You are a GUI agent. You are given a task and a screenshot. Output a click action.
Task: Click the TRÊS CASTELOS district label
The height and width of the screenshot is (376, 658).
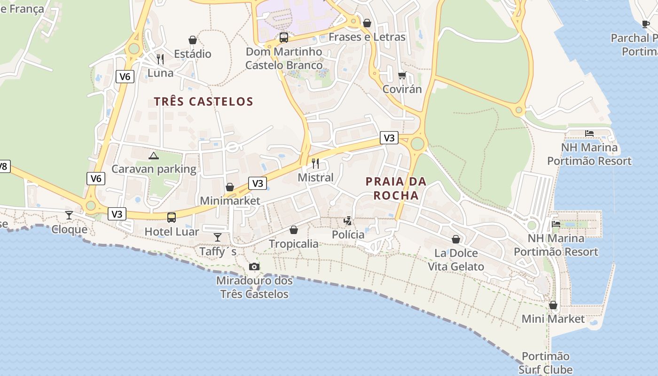pyautogui.click(x=204, y=101)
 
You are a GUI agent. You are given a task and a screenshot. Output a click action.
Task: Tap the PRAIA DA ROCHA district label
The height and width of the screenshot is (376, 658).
pyautogui.click(x=396, y=188)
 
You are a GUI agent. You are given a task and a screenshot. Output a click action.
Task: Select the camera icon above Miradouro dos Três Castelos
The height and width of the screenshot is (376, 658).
pyautogui.click(x=254, y=266)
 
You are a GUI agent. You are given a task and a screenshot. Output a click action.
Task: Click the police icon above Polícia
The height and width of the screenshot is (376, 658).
pyautogui.click(x=348, y=220)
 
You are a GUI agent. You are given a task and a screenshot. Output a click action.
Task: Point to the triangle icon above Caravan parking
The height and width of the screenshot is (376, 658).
pyautogui.click(x=153, y=156)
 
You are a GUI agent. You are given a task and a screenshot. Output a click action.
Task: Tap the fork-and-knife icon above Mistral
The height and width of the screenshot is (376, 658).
pyautogui.click(x=315, y=164)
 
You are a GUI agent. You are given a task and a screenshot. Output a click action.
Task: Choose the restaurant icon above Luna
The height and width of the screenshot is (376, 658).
pyautogui.click(x=160, y=59)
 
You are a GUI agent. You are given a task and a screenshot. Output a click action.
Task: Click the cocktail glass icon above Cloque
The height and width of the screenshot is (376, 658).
pyautogui.click(x=69, y=215)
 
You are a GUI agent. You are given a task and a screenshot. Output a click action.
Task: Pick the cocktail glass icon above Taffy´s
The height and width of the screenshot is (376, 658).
pyautogui.click(x=217, y=237)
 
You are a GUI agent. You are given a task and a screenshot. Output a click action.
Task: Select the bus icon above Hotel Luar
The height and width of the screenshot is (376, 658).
pyautogui.click(x=172, y=217)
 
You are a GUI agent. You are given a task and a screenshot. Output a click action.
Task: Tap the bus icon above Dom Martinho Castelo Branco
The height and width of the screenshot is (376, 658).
pyautogui.click(x=284, y=38)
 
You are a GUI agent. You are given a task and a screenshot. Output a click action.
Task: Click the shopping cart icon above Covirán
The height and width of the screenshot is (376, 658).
pyautogui.click(x=402, y=75)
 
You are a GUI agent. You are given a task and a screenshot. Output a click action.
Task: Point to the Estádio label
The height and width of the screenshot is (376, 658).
pyautogui.click(x=193, y=54)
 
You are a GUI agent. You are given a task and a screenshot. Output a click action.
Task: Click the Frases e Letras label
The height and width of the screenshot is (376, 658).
pyautogui.click(x=367, y=37)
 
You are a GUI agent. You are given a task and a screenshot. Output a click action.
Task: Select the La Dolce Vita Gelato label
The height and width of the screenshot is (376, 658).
pyautogui.click(x=455, y=260)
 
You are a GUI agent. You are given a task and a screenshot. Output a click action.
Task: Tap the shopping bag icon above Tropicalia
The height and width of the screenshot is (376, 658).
pyautogui.click(x=294, y=230)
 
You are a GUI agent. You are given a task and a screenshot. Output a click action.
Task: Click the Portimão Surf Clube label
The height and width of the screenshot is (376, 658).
pyautogui.click(x=546, y=363)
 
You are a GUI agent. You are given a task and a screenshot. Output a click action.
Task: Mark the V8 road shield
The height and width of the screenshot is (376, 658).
pyautogui.click(x=3, y=166)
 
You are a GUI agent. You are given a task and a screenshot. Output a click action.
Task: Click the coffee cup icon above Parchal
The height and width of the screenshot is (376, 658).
pyautogui.click(x=646, y=24)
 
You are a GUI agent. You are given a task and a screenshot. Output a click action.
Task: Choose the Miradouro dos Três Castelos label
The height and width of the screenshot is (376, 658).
pyautogui.click(x=254, y=287)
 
